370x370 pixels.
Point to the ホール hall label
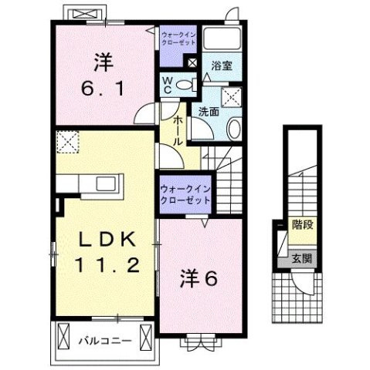coord(178,132)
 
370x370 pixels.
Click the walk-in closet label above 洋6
coord(185,193)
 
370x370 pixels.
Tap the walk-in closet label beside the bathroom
coord(179,39)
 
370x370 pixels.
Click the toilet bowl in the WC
coord(183,85)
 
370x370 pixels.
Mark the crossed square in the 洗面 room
coord(230,96)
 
